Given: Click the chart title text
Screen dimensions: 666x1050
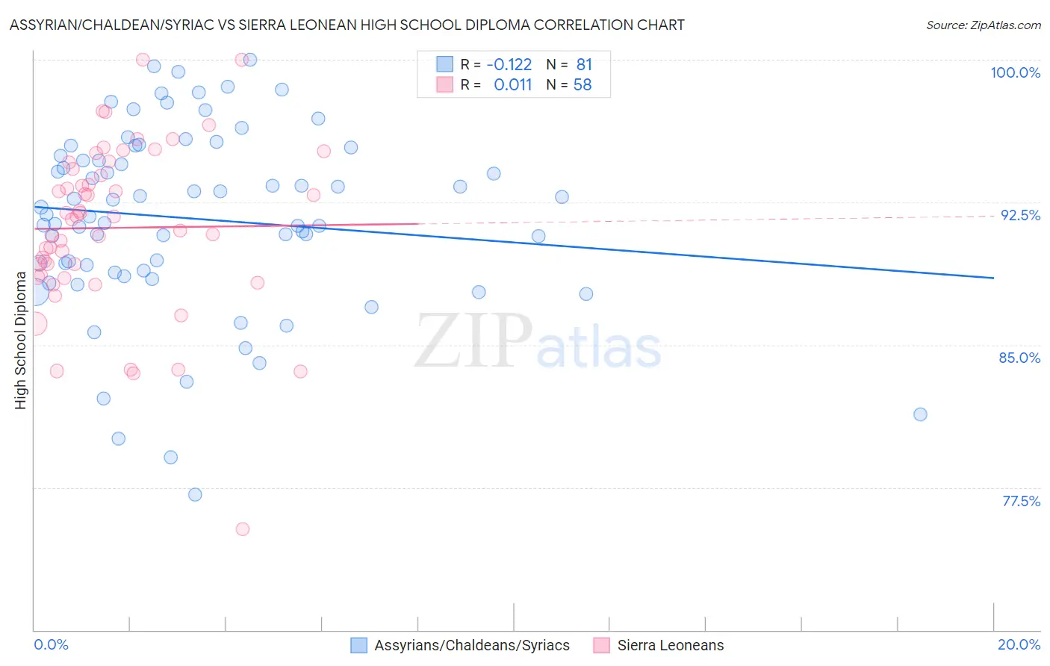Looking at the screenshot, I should [347, 25].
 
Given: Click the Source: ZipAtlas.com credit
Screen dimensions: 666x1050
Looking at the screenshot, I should [983, 25].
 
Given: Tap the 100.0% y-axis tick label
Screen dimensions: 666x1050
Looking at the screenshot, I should [1015, 72].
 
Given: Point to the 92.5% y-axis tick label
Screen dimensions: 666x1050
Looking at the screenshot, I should [1020, 215].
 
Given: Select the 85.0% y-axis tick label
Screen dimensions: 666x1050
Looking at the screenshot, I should [1019, 358].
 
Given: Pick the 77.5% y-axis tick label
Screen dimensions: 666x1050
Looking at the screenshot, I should [1021, 501].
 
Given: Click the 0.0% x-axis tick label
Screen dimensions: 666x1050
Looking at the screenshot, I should [51, 644].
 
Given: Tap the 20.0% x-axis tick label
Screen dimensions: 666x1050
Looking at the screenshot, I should [1019, 644].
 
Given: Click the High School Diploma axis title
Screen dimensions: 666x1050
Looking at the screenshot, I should [21, 340].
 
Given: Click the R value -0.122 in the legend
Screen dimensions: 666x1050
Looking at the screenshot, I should [509, 65].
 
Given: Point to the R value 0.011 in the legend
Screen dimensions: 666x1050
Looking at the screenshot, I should [512, 85].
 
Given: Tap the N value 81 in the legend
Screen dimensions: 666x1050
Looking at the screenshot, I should [583, 65].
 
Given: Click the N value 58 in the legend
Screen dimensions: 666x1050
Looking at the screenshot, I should [583, 85].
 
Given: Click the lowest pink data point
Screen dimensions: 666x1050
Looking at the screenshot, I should [242, 529].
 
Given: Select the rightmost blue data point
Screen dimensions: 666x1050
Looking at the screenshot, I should [920, 414].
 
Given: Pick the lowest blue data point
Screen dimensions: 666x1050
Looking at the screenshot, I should [195, 495].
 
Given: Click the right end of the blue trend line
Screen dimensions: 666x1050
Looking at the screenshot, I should [993, 278].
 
